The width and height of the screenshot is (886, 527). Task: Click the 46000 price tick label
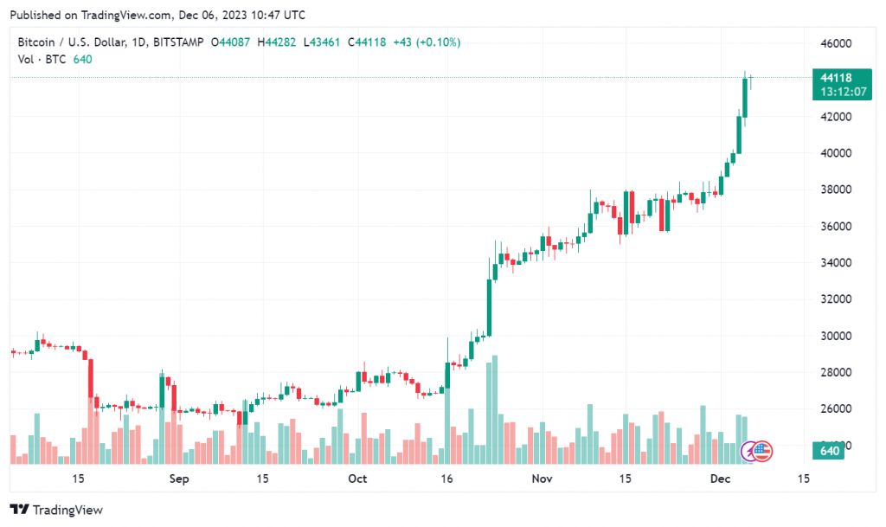(x=836, y=43)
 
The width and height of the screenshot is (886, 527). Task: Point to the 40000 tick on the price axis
(x=836, y=153)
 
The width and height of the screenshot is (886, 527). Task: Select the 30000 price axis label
(x=836, y=336)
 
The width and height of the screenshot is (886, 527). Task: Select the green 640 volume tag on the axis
(x=830, y=450)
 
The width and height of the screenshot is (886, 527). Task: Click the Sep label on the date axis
(x=178, y=479)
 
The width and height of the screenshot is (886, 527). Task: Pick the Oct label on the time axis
(x=357, y=479)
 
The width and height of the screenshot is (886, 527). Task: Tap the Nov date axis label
(x=541, y=479)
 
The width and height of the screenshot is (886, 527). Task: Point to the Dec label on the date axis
(x=720, y=479)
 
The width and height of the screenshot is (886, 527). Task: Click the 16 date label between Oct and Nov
(x=446, y=479)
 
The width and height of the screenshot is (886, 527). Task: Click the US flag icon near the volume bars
(x=763, y=450)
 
